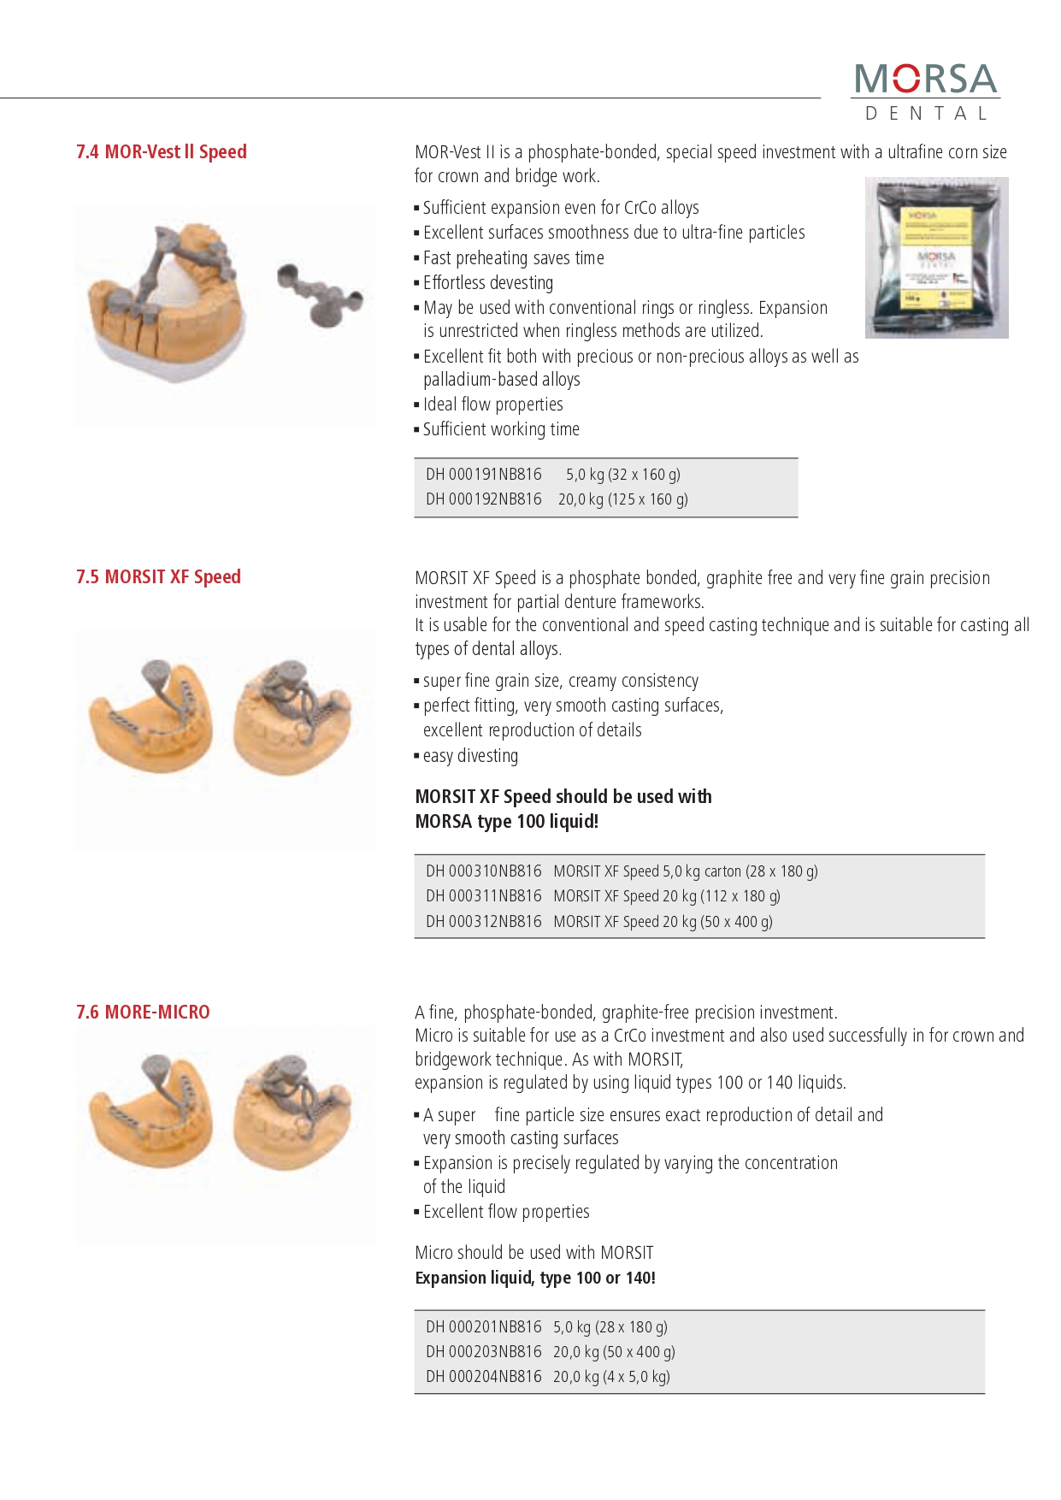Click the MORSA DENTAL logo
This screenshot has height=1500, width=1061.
[x=926, y=91]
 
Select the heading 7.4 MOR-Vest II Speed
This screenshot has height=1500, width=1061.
[x=162, y=152]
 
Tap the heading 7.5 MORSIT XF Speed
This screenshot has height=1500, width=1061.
[x=158, y=577]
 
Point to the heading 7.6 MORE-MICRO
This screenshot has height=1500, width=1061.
[x=143, y=1013]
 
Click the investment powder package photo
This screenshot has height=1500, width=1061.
[x=936, y=257]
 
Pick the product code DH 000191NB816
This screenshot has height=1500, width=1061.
[x=484, y=475]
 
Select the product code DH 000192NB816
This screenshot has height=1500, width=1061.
[x=484, y=499]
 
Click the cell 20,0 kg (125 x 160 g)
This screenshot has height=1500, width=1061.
[x=622, y=499]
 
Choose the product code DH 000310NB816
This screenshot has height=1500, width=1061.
[x=484, y=871]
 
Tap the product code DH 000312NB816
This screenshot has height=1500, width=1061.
[x=484, y=922]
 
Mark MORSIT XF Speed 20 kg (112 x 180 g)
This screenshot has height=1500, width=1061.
[x=667, y=896]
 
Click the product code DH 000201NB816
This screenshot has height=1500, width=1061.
[x=484, y=1327]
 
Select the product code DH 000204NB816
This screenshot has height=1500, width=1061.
[x=484, y=1377]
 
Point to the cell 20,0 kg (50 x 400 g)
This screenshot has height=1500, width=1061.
[x=614, y=1352]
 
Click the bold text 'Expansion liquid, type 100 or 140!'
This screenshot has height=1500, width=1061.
[x=535, y=1278]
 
